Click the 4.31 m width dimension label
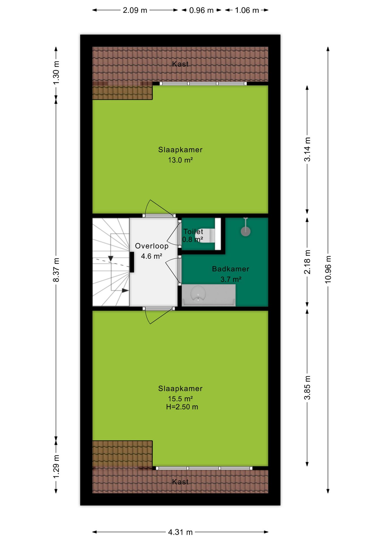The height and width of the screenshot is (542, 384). point(180,532)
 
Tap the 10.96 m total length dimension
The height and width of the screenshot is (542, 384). point(328,269)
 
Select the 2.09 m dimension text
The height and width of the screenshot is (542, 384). point(135,10)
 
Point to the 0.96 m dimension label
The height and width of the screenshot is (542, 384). point(201,10)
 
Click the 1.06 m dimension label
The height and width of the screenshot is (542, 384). point(247,10)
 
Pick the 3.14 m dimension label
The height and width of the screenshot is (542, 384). point(307,149)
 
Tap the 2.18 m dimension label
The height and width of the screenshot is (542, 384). point(307,262)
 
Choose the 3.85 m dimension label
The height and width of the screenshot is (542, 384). point(307,388)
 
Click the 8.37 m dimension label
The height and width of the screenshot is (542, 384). point(56,270)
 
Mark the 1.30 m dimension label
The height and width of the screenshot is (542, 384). point(56,73)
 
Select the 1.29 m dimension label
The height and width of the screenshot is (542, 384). point(56,467)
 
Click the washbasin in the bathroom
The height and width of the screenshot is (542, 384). point(198,293)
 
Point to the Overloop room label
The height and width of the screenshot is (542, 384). point(152,246)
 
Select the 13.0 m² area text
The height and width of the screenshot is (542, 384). point(180,160)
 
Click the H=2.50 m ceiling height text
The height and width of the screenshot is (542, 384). point(182,407)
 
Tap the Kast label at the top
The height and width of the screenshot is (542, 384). point(180,64)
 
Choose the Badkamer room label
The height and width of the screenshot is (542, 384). point(231,269)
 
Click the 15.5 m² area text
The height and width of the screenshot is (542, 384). point(180,399)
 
